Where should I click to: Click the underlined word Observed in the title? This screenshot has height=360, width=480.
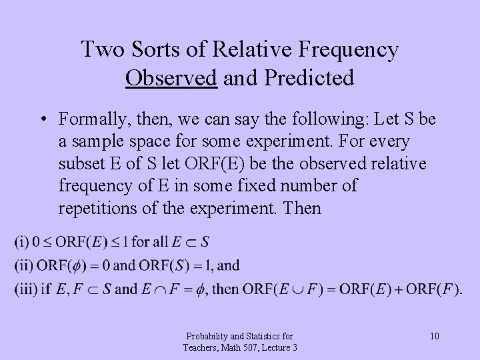170,78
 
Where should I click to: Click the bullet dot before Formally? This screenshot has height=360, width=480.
41,120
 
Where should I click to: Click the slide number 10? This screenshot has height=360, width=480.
434,335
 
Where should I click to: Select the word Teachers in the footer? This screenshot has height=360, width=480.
203,347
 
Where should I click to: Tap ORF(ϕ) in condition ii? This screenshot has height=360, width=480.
62,265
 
